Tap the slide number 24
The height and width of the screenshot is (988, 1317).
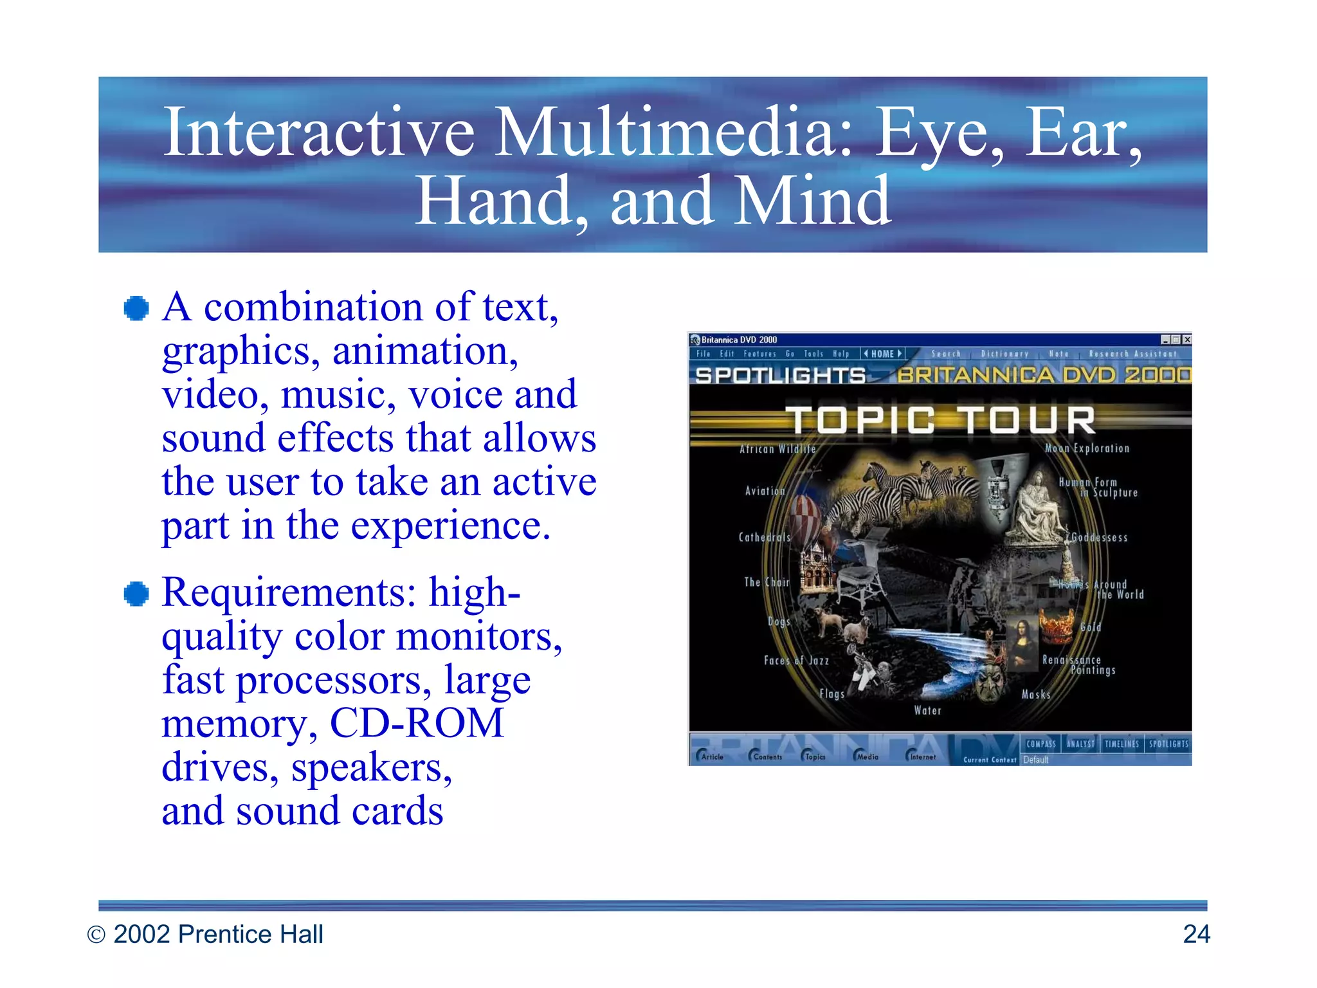1196,934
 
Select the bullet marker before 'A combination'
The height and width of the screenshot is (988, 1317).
136,308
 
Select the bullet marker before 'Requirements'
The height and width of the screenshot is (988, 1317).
136,594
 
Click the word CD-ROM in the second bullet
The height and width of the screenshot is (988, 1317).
416,724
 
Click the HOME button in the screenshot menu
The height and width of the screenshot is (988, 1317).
882,354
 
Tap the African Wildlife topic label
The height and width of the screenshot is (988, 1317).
777,449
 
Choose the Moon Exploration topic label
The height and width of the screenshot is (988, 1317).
1087,448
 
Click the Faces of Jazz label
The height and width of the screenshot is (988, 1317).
796,661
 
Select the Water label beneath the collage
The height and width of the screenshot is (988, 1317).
927,711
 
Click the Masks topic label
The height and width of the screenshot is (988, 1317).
1036,695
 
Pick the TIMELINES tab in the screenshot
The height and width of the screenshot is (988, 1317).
1122,744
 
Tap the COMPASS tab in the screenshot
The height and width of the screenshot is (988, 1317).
1041,744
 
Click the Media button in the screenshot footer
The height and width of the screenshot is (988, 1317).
866,756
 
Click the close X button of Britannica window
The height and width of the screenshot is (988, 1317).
1186,340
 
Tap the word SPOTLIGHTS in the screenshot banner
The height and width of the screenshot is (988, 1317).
780,375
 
